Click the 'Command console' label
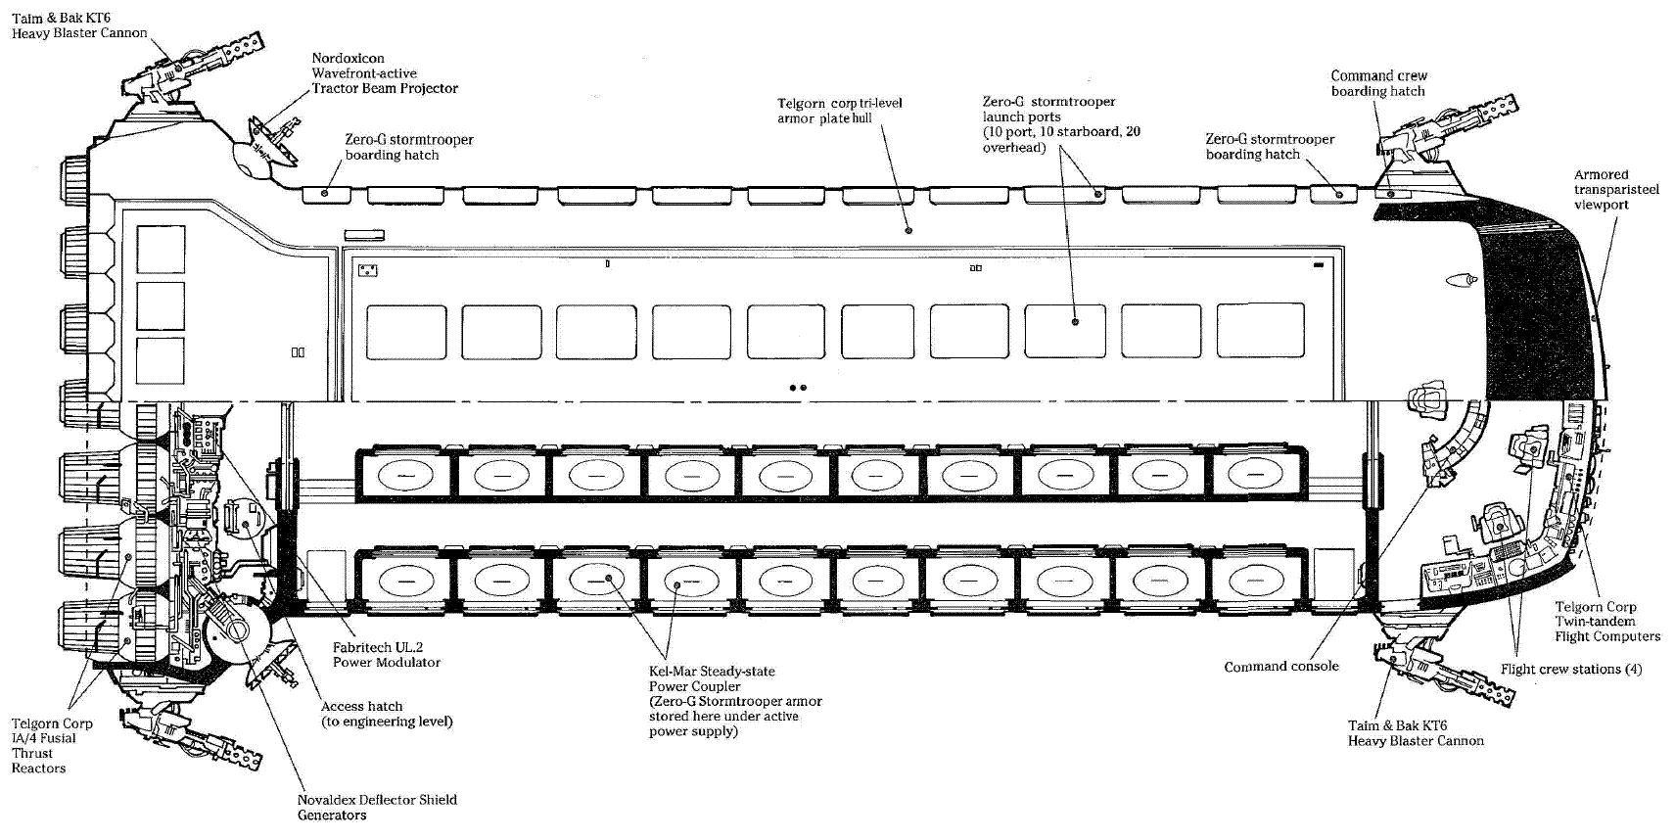click(x=1280, y=667)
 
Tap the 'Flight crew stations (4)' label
click(x=1570, y=670)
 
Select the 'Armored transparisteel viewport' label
click(x=1615, y=190)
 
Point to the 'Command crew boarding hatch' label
click(x=1378, y=83)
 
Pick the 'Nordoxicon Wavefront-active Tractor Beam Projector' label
click(x=384, y=73)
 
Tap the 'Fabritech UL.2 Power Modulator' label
click(x=386, y=655)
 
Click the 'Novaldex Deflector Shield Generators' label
click(x=377, y=807)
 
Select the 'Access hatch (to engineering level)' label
click(x=387, y=714)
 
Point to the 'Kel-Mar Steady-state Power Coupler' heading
click(x=712, y=678)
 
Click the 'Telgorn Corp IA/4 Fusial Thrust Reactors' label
click(x=52, y=745)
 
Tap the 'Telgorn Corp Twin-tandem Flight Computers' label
click(x=1606, y=622)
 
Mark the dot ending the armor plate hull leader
click(x=909, y=230)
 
